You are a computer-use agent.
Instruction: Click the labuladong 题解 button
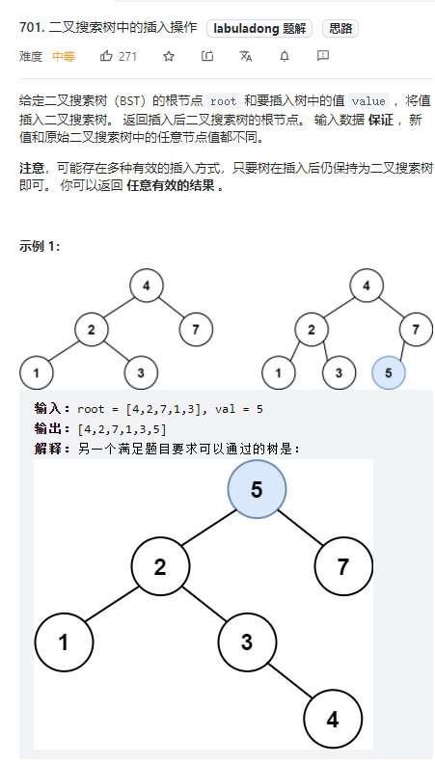pyautogui.click(x=259, y=29)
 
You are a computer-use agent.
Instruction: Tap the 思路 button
pyautogui.click(x=340, y=29)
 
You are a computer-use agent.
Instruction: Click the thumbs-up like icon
pyautogui.click(x=106, y=56)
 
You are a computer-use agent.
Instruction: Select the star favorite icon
pyautogui.click(x=169, y=56)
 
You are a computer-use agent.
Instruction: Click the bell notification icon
pyautogui.click(x=285, y=56)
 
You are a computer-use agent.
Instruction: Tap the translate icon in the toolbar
pyautogui.click(x=246, y=56)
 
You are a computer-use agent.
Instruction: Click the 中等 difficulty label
pyautogui.click(x=64, y=57)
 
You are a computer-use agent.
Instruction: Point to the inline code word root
pyautogui.click(x=224, y=101)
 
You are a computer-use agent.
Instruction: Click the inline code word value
pyautogui.click(x=368, y=101)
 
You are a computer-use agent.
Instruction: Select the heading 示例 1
pyautogui.click(x=40, y=246)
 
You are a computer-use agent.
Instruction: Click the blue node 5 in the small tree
pyautogui.click(x=389, y=372)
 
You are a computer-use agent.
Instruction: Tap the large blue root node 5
pyautogui.click(x=257, y=489)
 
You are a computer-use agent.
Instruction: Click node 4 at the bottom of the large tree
pyautogui.click(x=333, y=720)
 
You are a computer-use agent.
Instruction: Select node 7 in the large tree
pyautogui.click(x=343, y=566)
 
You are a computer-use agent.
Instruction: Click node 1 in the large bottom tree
pyautogui.click(x=64, y=642)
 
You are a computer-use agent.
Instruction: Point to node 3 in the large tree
pyautogui.click(x=248, y=642)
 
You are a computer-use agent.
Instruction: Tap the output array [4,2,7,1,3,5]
pyautogui.click(x=122, y=429)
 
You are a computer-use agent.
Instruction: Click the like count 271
pyautogui.click(x=127, y=57)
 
